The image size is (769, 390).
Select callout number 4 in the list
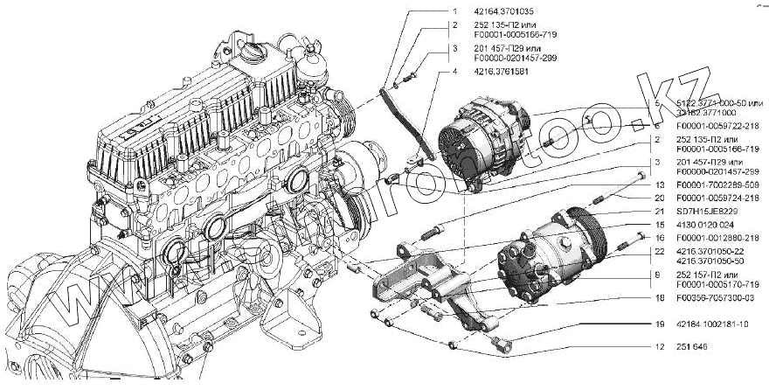pyautogui.click(x=454, y=72)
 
